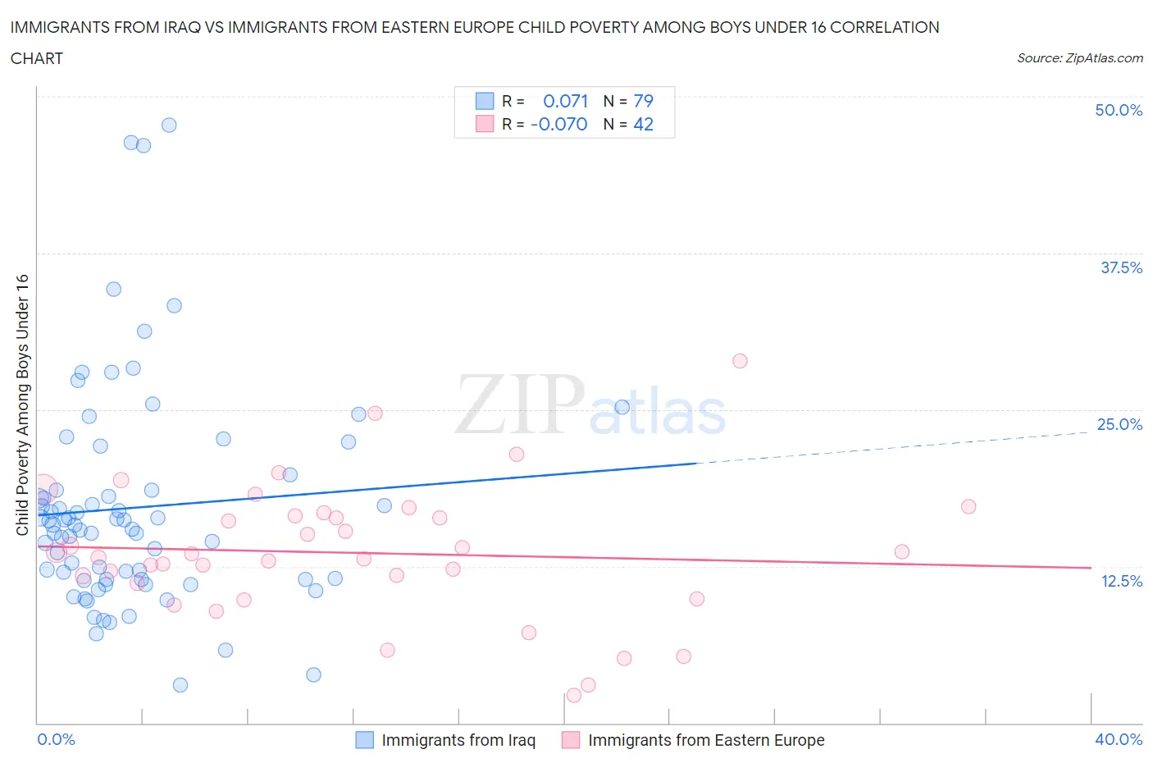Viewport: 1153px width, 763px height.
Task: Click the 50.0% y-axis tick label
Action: pos(1119,110)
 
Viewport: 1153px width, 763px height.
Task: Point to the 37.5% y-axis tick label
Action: pos(1121,267)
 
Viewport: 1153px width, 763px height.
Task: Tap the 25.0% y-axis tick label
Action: pos(1119,424)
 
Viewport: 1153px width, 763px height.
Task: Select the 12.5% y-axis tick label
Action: pos(1121,581)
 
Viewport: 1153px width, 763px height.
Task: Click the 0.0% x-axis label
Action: pos(57,739)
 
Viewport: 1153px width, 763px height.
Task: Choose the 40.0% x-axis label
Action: pos(1119,739)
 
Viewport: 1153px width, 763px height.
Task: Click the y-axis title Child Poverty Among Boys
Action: pos(22,404)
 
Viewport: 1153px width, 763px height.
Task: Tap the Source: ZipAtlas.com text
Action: pos(1079,58)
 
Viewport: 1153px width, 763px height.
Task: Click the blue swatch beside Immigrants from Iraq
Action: pos(364,740)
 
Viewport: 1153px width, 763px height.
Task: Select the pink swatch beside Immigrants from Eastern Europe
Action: pos(571,740)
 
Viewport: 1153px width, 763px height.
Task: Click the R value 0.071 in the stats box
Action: pos(566,101)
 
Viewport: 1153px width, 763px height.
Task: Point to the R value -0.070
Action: pos(559,124)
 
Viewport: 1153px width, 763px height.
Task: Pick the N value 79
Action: pos(644,101)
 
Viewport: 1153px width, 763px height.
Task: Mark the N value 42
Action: pos(644,124)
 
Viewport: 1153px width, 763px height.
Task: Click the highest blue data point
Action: pos(169,126)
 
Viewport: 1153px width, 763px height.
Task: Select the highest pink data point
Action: pos(740,361)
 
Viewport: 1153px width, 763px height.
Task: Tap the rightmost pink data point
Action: pos(968,506)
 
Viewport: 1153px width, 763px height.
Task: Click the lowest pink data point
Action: pos(574,695)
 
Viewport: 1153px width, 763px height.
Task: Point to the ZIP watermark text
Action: pos(520,404)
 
